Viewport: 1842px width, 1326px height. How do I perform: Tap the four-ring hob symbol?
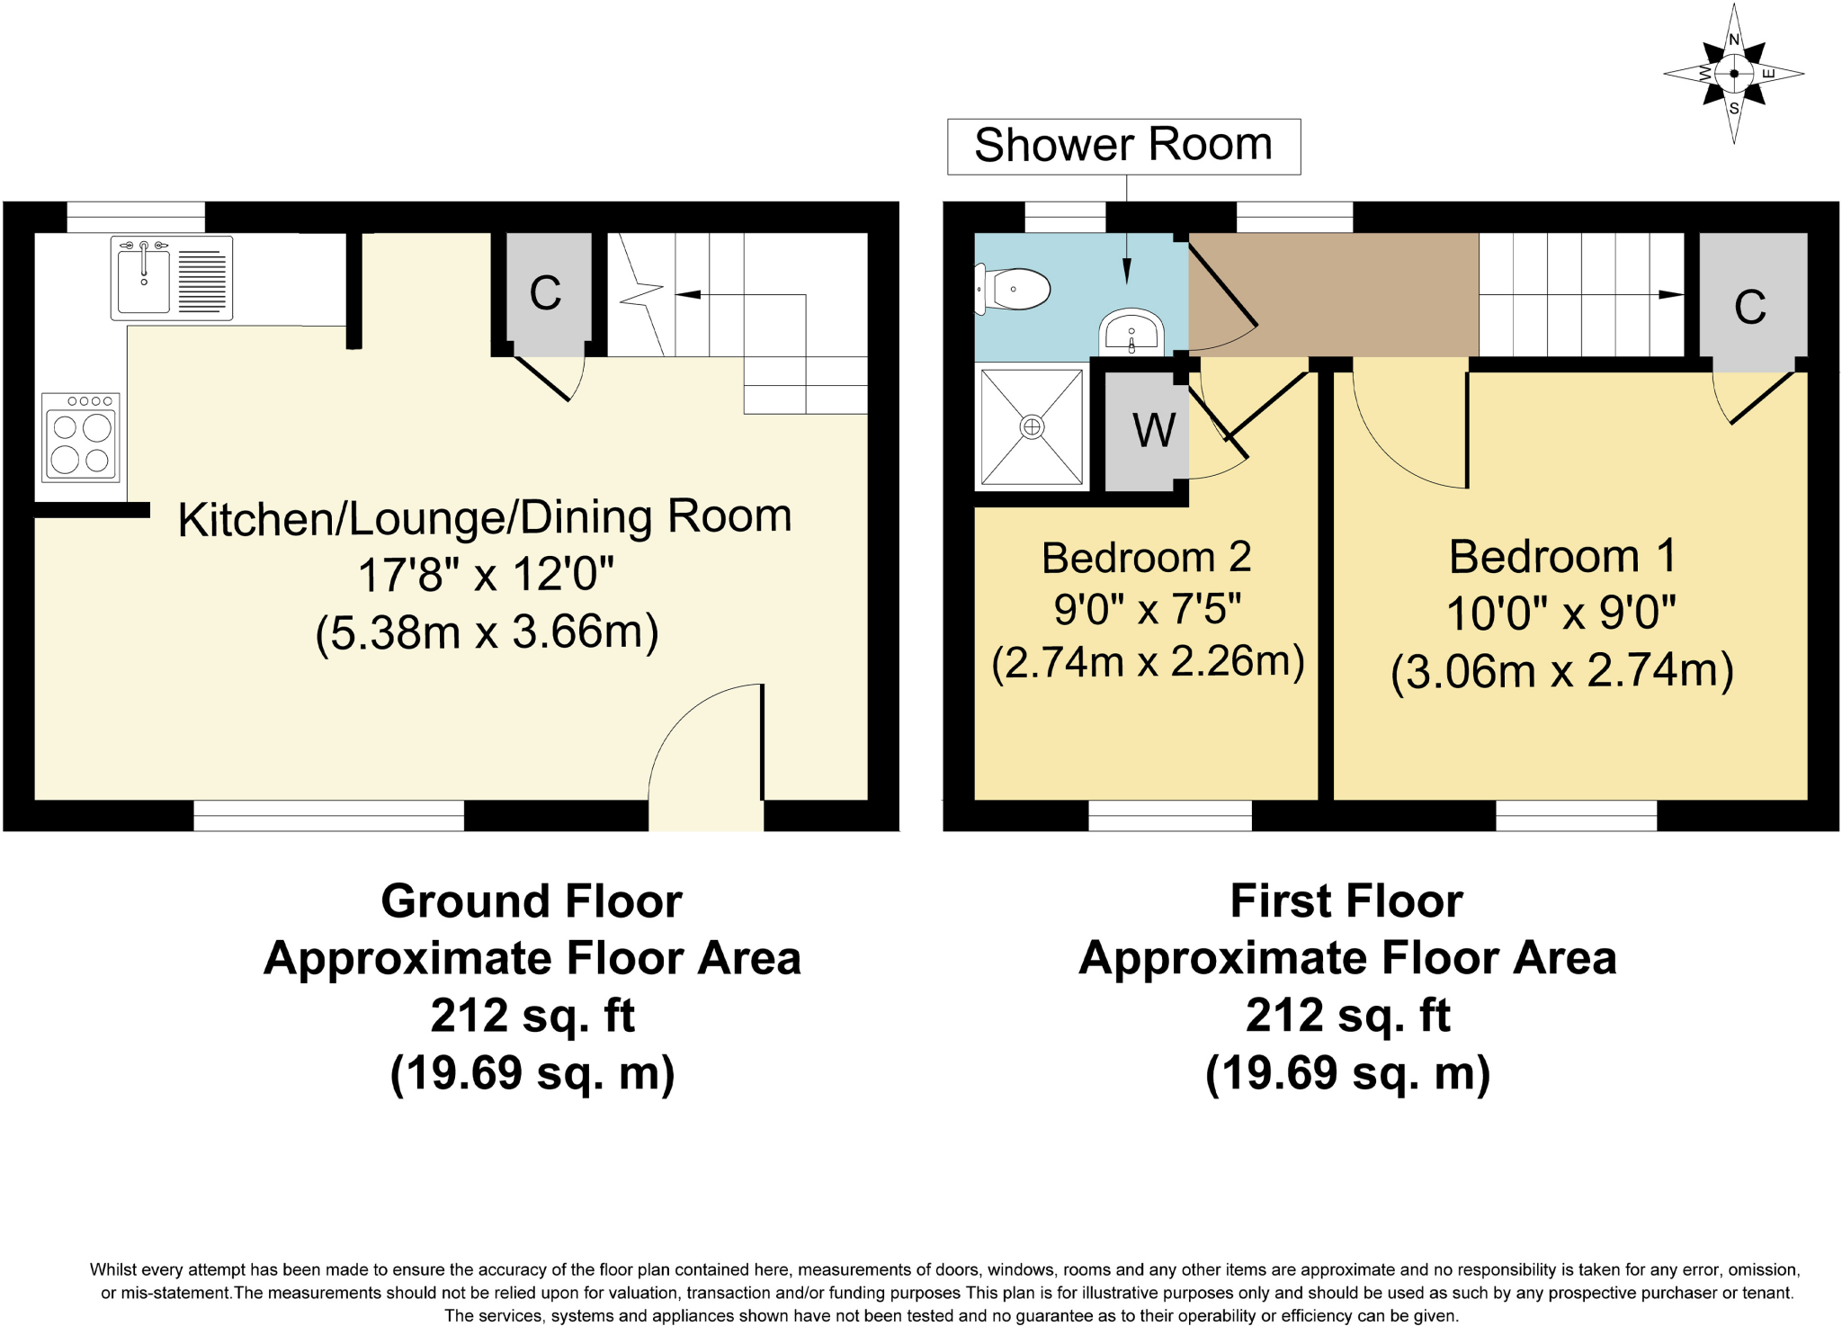coord(81,437)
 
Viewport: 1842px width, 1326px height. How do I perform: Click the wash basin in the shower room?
coord(1131,333)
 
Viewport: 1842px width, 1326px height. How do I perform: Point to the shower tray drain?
coord(1032,427)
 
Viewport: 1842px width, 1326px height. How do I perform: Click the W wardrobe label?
coord(1153,431)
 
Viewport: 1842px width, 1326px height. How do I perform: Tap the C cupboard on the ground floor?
coord(546,293)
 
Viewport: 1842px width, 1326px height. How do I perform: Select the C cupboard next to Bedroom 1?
coord(1750,308)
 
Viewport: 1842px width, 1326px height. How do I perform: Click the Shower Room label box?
coord(1123,146)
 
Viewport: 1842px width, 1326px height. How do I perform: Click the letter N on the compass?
coord(1734,40)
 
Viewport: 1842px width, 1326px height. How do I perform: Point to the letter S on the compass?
coord(1734,109)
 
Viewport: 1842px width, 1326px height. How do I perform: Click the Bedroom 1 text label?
coord(1562,556)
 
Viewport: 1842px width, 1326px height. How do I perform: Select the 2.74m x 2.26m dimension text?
coord(1148,662)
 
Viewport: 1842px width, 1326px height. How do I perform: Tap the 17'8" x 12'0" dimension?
coord(486,574)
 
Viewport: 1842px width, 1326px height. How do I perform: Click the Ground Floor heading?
coord(532,901)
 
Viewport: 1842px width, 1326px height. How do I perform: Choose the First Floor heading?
coord(1346,901)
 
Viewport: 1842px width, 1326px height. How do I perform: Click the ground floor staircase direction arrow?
coord(688,294)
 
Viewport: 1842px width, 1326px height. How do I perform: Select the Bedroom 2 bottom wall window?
coord(1169,815)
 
